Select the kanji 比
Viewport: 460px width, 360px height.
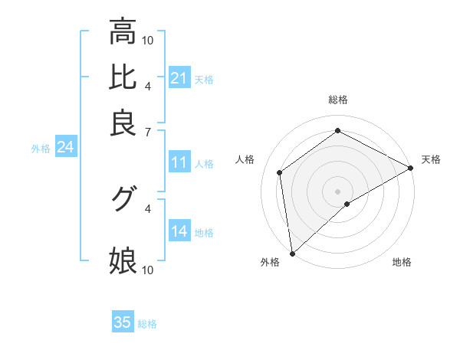(x=123, y=77)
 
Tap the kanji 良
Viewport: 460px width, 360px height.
(x=123, y=123)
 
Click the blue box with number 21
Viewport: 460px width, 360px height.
(x=179, y=78)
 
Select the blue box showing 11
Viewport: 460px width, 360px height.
(x=179, y=162)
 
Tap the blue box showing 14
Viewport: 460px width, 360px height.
(x=179, y=231)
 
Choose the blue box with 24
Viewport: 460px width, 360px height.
(x=65, y=147)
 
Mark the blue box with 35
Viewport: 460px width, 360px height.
(x=123, y=322)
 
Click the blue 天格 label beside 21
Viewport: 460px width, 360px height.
(x=204, y=79)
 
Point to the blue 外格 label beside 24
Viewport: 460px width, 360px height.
(x=41, y=148)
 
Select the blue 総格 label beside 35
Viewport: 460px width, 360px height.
(x=147, y=323)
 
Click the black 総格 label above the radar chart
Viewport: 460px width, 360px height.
(x=337, y=100)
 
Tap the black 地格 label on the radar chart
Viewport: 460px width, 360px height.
(x=402, y=262)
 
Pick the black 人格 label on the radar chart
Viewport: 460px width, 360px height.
(x=245, y=159)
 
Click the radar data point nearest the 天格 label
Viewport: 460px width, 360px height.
(x=411, y=169)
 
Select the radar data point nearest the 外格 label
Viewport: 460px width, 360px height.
(x=292, y=253)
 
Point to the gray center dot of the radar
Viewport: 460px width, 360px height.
(x=337, y=191)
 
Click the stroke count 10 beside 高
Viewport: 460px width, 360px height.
(x=148, y=40)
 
